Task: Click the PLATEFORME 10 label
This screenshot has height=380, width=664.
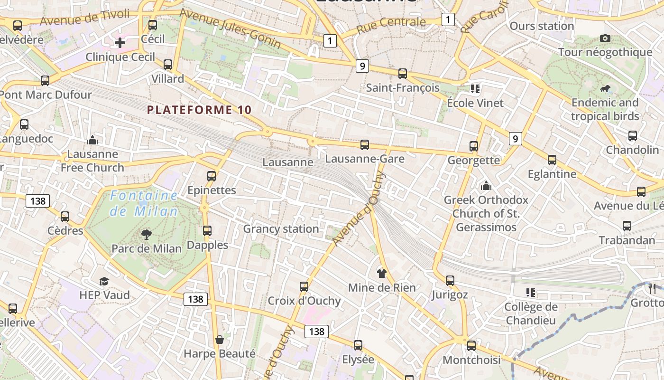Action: point(199,110)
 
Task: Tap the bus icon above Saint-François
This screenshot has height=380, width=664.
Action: point(403,74)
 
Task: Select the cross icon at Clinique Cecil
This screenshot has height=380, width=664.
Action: point(120,43)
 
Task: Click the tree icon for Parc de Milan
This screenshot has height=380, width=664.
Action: point(147,234)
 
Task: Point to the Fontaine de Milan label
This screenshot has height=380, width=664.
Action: point(144,203)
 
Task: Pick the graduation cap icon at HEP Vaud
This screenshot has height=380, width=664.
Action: point(104,281)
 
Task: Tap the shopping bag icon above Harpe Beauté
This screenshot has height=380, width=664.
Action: point(220,340)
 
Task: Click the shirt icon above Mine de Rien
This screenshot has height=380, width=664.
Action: point(382,273)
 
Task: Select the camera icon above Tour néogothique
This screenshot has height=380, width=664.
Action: point(605,38)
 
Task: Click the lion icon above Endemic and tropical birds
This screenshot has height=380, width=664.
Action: point(605,88)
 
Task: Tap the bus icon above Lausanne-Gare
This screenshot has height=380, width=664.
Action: point(364,144)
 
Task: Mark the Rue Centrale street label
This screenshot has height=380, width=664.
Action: point(391,25)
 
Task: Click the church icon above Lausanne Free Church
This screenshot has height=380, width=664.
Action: point(92,140)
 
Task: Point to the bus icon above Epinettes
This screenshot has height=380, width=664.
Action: point(212,176)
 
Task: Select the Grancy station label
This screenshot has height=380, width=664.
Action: point(281,228)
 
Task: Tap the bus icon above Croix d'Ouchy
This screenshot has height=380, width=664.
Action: point(304,286)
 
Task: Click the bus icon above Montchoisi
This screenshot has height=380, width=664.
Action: point(471,345)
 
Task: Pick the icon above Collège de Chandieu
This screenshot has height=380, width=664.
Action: point(530,293)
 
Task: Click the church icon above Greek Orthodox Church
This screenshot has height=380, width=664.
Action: point(486,186)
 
